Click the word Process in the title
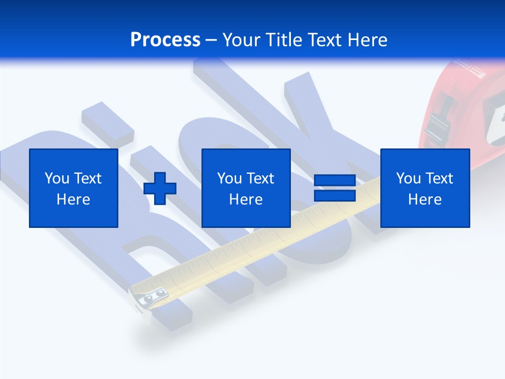point(165,39)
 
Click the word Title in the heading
point(284,40)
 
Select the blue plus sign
point(160,188)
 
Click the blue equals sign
point(335,188)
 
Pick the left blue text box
point(74,188)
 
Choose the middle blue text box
point(246,188)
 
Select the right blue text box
point(425,188)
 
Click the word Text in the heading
point(325,40)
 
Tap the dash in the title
point(211,40)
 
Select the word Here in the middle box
point(246,200)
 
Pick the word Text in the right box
point(439,178)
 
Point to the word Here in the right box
point(425,200)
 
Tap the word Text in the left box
point(88,178)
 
